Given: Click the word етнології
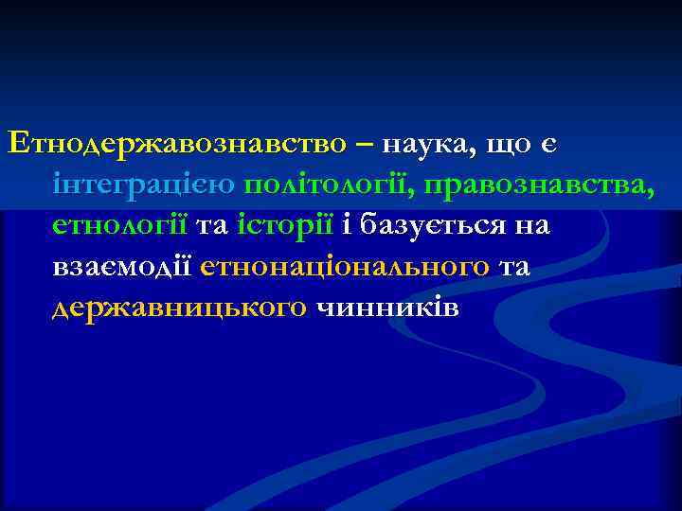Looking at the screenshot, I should pos(120,227).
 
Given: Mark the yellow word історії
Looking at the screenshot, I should pos(298,227).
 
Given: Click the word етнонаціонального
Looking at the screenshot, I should pos(346,268).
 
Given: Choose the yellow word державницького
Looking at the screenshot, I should pos(179,308).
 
